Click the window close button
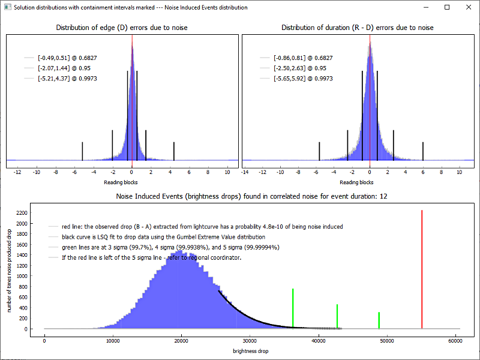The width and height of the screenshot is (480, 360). point(466,7)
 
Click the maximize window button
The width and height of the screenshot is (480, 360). point(447,7)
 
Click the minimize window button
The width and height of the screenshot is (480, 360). point(427,7)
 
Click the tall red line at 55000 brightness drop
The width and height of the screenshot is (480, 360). point(422,270)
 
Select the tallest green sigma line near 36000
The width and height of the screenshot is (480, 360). point(293,307)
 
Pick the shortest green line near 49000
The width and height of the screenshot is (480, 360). point(379,320)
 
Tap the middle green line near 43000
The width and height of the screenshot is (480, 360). point(337,316)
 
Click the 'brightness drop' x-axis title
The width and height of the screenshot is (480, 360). point(251,350)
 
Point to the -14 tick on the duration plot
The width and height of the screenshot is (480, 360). point(245,172)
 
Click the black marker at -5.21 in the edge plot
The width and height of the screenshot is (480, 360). point(82,151)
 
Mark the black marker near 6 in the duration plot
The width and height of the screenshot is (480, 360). point(423,151)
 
